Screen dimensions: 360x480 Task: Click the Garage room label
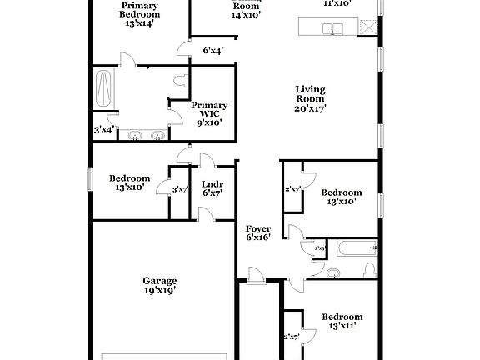click(159, 281)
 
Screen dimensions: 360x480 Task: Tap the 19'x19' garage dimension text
click(159, 291)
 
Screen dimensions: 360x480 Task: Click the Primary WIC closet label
click(209, 111)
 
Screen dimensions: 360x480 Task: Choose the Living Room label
click(310, 94)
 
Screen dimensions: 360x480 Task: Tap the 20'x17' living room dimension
click(310, 108)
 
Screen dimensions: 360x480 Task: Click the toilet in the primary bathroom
click(180, 81)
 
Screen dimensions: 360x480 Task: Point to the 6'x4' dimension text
click(212, 51)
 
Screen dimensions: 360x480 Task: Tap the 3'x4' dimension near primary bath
click(104, 129)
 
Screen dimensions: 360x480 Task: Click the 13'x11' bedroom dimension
click(342, 327)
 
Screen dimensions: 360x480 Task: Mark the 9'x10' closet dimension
click(209, 122)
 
